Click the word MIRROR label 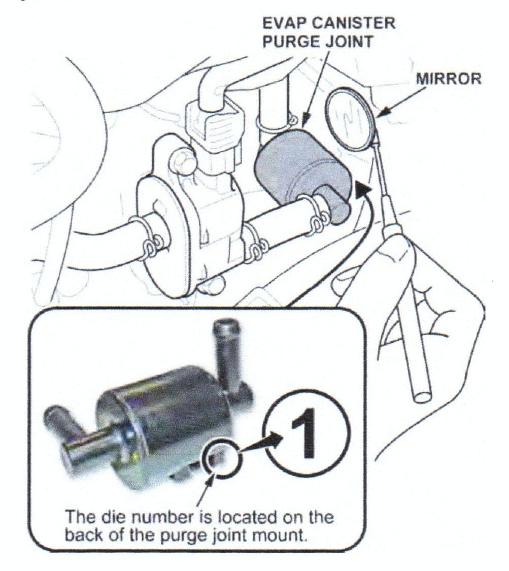449,80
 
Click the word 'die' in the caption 116,518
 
